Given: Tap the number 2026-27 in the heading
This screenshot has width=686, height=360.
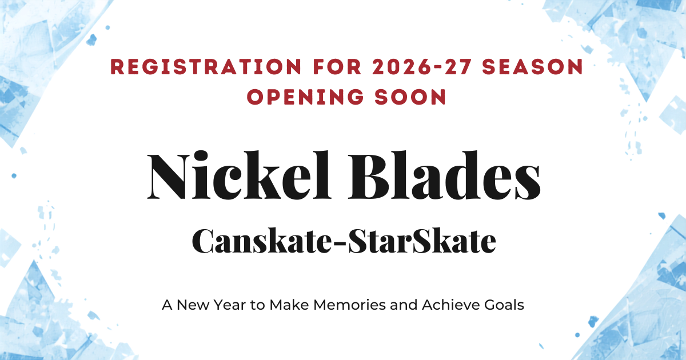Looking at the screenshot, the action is tap(421, 67).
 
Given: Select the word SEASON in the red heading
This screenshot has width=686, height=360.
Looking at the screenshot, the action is tap(533, 67).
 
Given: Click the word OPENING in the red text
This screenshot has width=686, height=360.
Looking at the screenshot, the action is tap(305, 97).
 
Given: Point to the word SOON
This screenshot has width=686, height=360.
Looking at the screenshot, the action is tap(410, 97).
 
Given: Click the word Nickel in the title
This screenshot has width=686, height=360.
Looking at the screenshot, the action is tap(240, 175).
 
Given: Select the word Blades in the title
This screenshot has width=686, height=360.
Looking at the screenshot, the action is tap(444, 175).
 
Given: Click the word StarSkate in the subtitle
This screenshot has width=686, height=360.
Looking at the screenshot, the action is tap(422, 241).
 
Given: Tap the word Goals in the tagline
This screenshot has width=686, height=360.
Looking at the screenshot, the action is tap(504, 305).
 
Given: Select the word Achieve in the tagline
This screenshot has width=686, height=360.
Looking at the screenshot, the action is tap(451, 305).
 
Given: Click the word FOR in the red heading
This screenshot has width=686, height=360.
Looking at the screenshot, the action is tap(337, 67).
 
